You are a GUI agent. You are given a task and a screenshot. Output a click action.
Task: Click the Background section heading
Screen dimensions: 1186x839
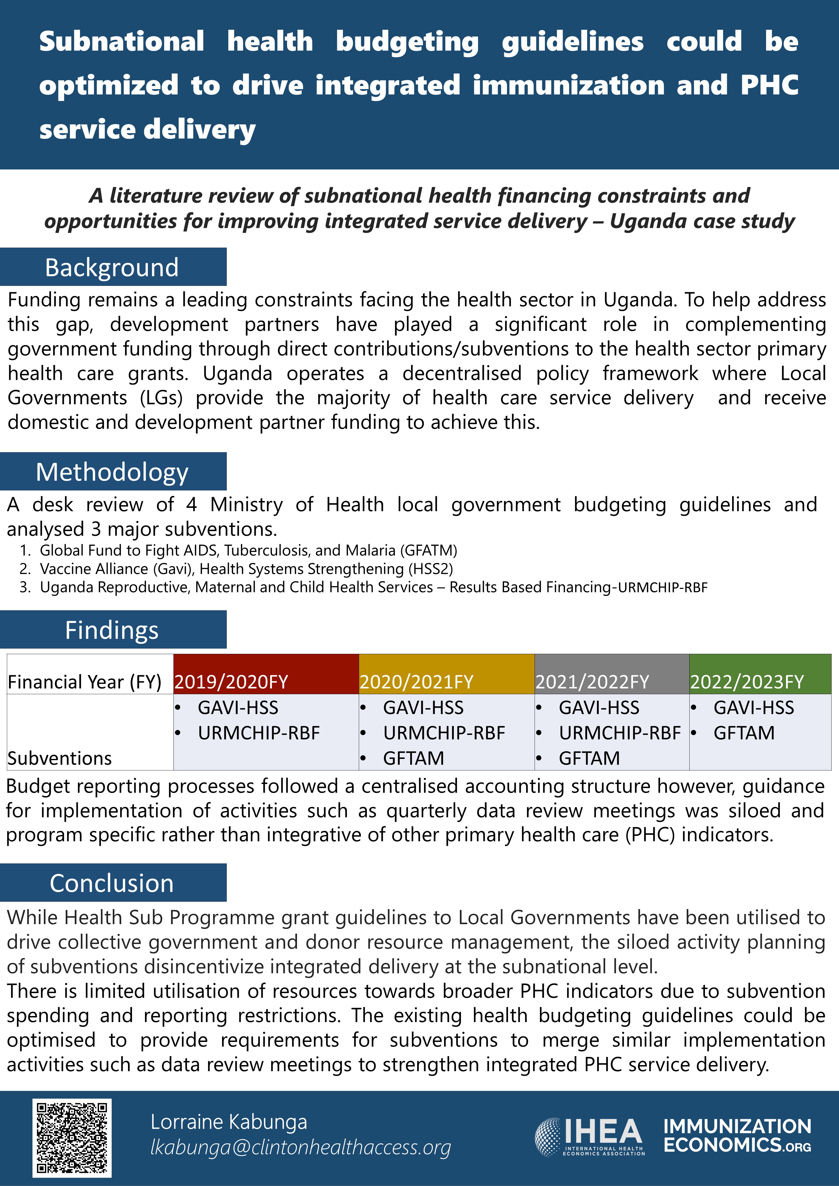pos(112,267)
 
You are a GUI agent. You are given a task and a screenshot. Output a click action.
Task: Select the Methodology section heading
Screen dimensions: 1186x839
pos(112,472)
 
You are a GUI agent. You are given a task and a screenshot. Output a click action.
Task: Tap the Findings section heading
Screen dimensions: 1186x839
pos(112,630)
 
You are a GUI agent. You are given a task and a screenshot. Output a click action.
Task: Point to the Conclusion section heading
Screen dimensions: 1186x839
pos(112,883)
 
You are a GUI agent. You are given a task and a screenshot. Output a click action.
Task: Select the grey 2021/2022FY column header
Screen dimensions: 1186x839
pos(592,681)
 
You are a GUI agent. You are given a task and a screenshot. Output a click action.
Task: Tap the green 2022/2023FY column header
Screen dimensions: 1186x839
pos(747,681)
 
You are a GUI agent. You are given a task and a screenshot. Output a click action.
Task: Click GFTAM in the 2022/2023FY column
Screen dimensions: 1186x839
pos(744,733)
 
